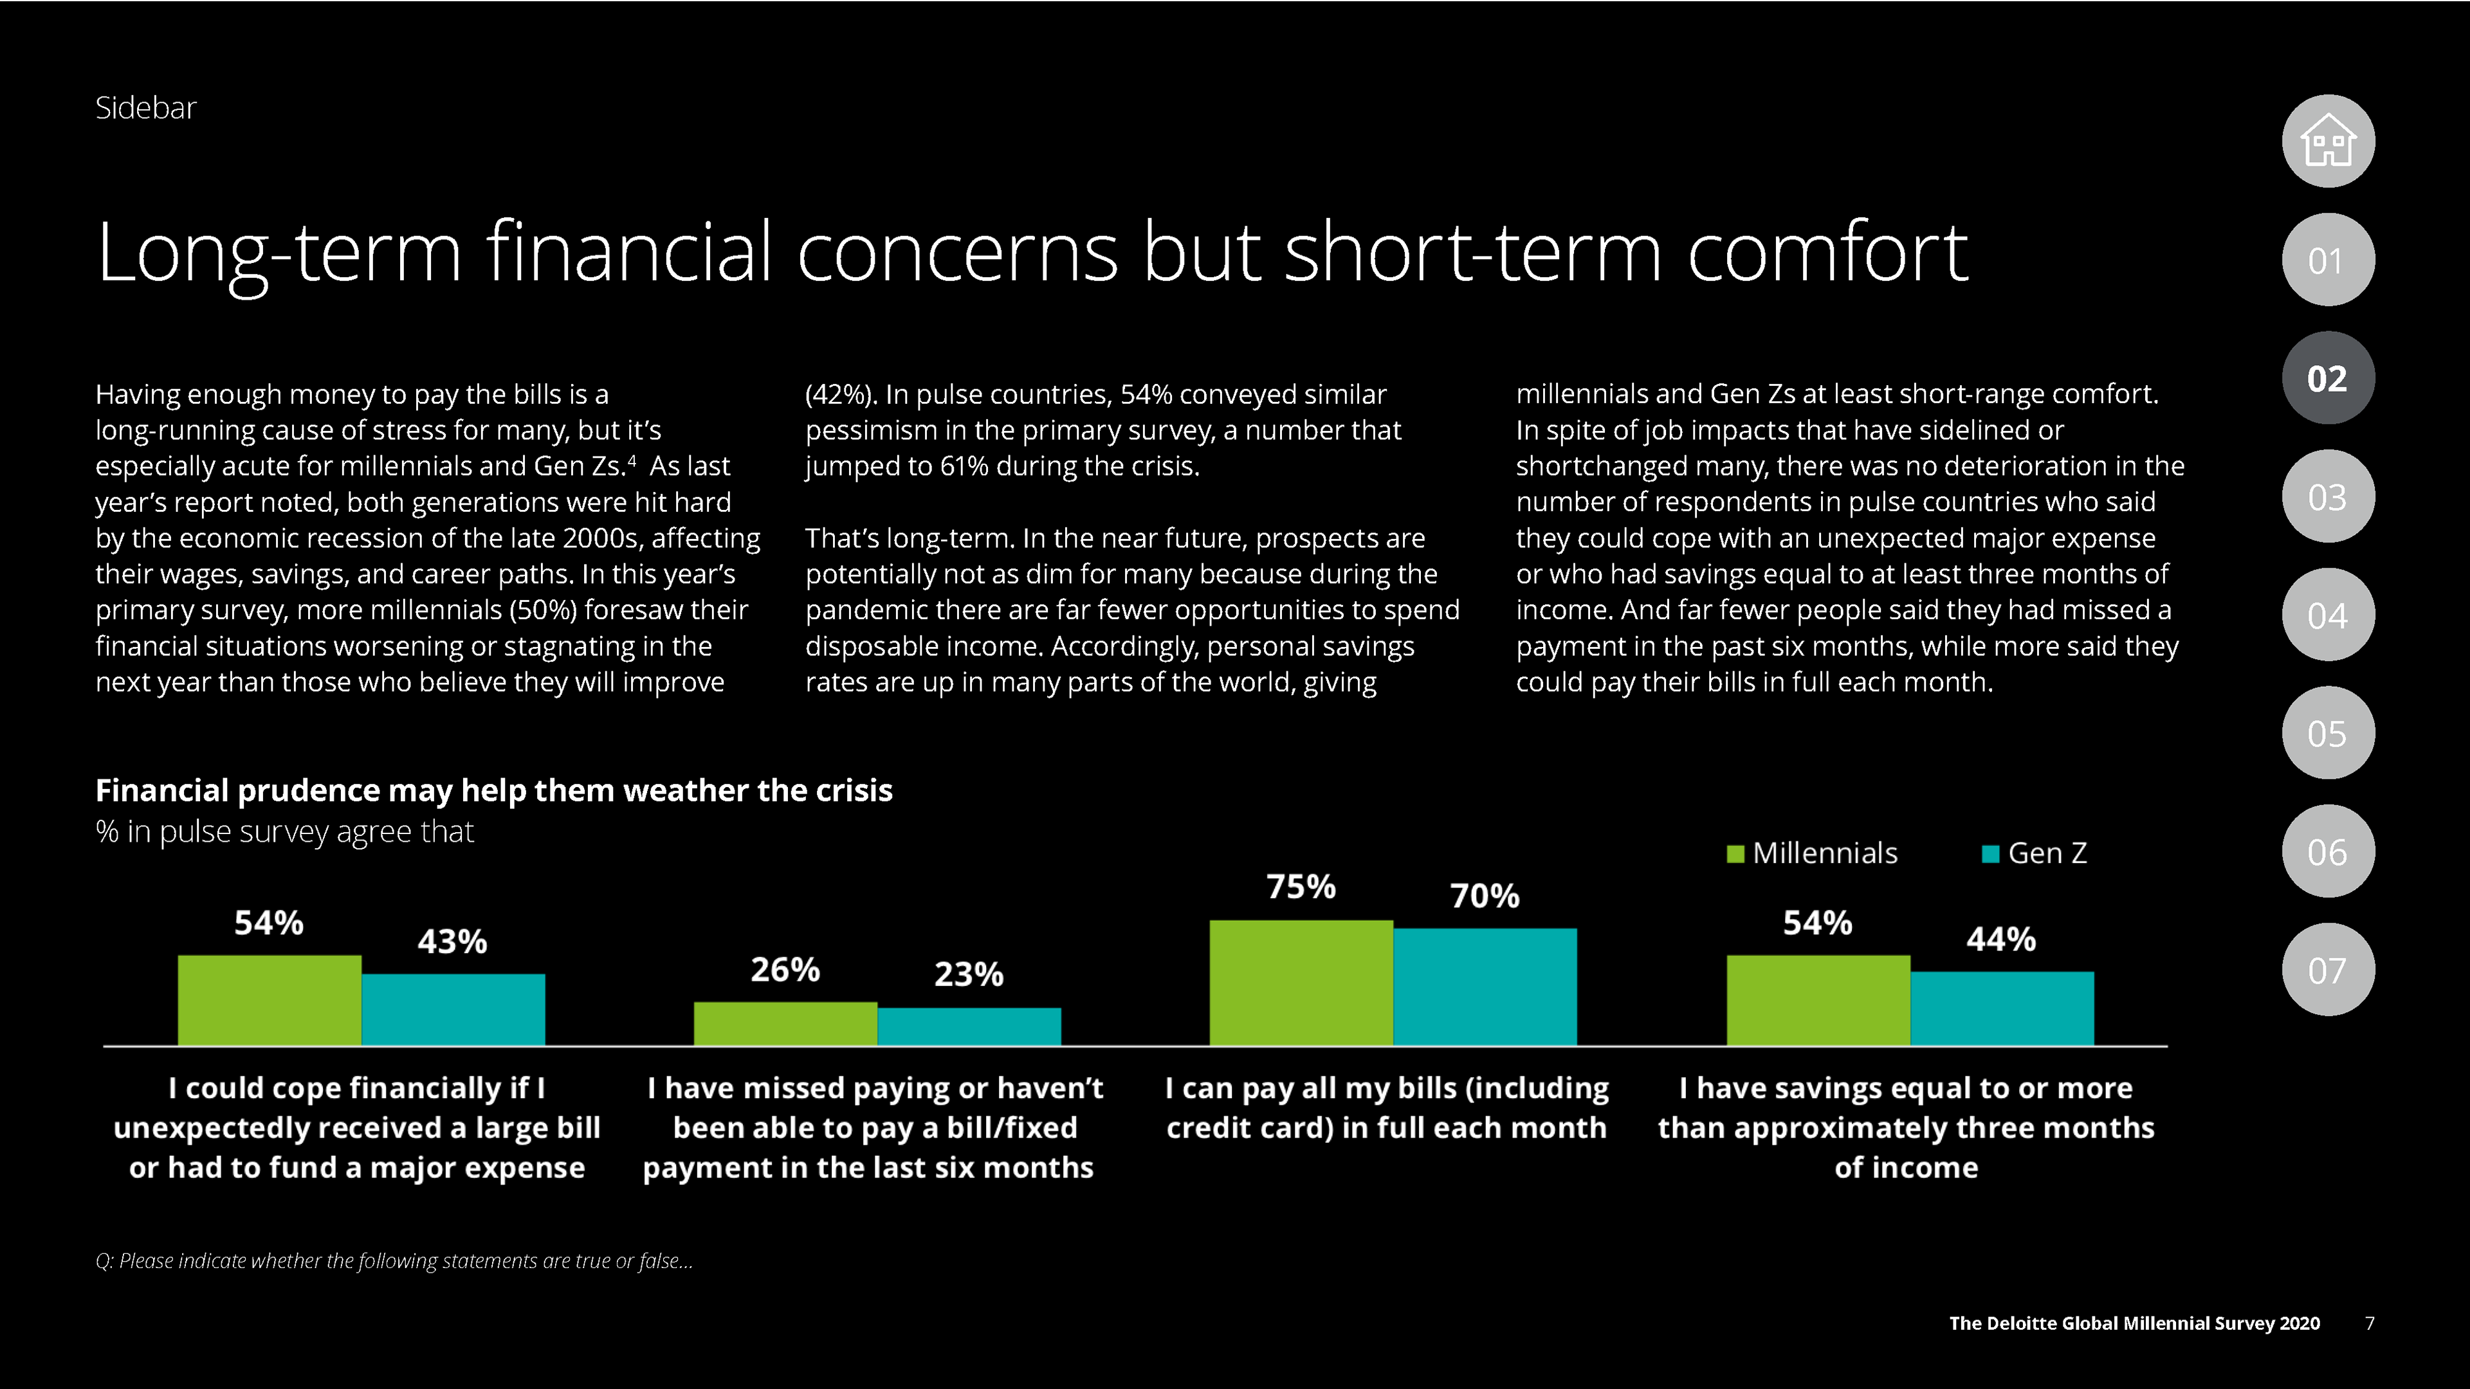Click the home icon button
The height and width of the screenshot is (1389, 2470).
pyautogui.click(x=2328, y=141)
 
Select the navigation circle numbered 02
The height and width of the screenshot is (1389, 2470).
pyautogui.click(x=2328, y=379)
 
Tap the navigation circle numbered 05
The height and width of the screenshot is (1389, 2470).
pyautogui.click(x=2328, y=733)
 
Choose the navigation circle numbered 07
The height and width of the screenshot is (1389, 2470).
pyautogui.click(x=2328, y=970)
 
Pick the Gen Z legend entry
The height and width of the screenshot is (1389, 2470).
pyautogui.click(x=2035, y=853)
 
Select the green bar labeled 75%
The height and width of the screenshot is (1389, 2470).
pyautogui.click(x=1301, y=983)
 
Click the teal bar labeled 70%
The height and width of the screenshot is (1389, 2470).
pyautogui.click(x=1485, y=986)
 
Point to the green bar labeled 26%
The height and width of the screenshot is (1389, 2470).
pyautogui.click(x=785, y=1024)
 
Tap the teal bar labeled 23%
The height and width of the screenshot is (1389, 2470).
pyautogui.click(x=969, y=1027)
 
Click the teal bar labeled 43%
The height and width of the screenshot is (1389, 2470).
pyautogui.click(x=453, y=1010)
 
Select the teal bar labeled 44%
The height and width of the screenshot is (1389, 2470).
pyautogui.click(x=2001, y=1008)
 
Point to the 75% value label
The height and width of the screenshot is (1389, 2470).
pyautogui.click(x=1301, y=887)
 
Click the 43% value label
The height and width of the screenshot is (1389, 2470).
pyautogui.click(x=453, y=941)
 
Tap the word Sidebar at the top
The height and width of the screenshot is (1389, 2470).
pyautogui.click(x=146, y=108)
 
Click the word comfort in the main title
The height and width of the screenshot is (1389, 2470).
pyautogui.click(x=1827, y=252)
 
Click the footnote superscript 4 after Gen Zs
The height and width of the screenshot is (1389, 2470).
pyautogui.click(x=632, y=460)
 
